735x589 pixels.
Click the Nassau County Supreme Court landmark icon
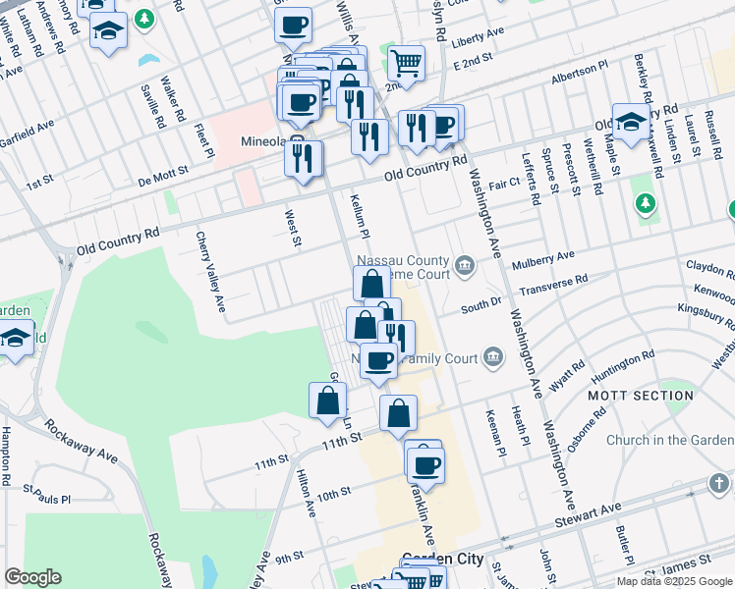coord(465,264)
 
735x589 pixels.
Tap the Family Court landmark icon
coord(492,359)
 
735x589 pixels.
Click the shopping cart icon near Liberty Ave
coord(406,64)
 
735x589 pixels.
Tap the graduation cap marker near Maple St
coord(631,122)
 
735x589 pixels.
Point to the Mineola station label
coord(263,141)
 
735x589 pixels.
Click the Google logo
coord(32,576)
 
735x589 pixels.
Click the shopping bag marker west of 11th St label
coord(327,400)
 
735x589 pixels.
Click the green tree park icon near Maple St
coord(645,204)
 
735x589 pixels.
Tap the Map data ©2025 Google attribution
coord(674,581)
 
